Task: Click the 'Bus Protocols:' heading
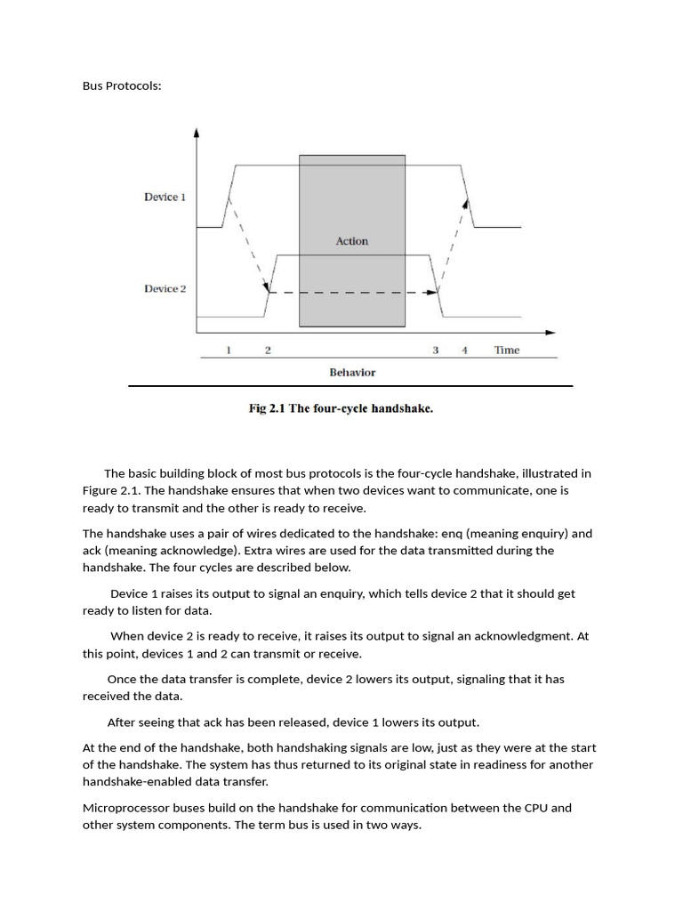point(122,86)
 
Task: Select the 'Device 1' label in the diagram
point(165,197)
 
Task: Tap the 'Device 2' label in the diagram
point(165,289)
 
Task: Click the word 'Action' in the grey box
point(351,241)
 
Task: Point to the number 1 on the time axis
point(229,351)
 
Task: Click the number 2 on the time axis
point(268,351)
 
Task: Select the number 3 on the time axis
point(436,351)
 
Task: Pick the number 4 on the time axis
point(464,351)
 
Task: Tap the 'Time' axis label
point(507,351)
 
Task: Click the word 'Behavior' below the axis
point(352,373)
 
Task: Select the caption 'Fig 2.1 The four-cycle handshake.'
point(341,409)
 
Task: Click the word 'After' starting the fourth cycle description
point(123,722)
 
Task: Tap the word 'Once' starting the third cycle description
point(123,679)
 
